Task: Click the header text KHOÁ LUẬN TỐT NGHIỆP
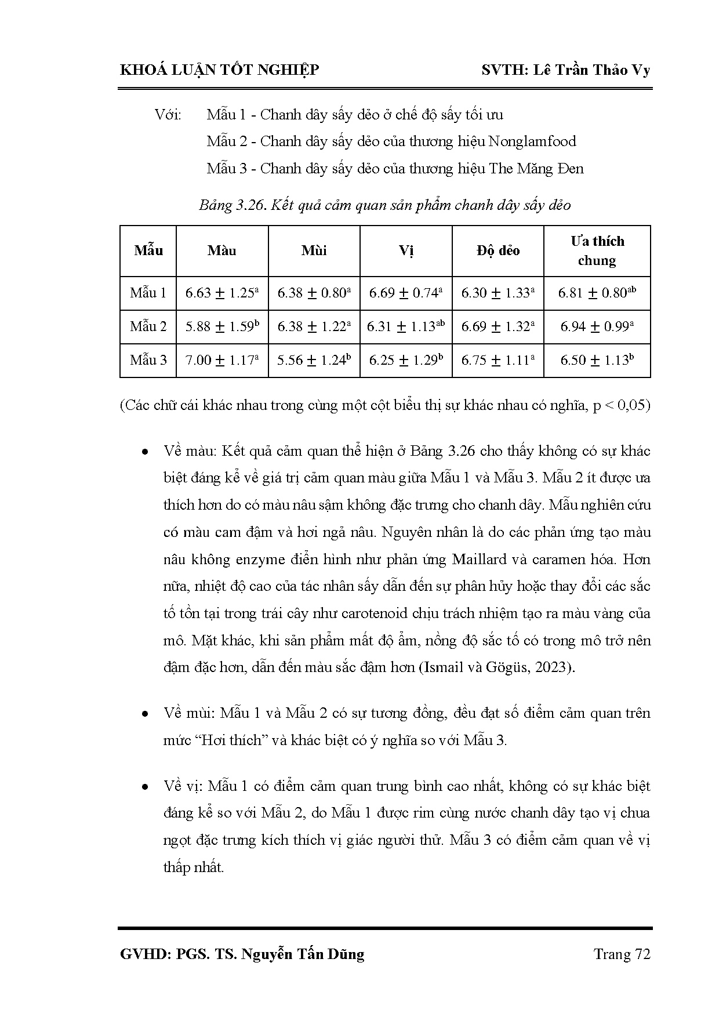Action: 219,70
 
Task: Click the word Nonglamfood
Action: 532,141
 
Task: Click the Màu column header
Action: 222,250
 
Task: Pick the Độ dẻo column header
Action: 498,250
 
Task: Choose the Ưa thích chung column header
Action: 597,250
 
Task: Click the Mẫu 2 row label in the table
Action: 148,326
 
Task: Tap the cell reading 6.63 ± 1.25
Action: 221,293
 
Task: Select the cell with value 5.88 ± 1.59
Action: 221,326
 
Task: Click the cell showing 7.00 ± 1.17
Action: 221,360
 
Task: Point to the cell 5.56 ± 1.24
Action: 314,360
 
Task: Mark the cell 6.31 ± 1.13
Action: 406,326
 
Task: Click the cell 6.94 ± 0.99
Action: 597,326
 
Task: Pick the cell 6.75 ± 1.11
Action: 498,360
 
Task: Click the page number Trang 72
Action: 622,954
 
